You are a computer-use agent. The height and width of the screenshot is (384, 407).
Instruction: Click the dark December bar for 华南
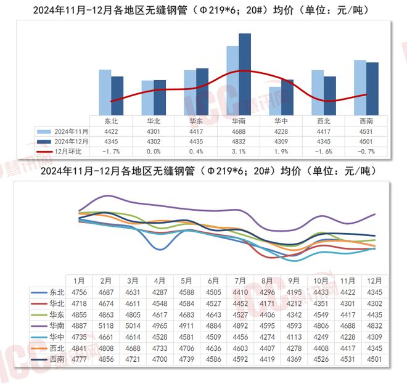click(245, 74)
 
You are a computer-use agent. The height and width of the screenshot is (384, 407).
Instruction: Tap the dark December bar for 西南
click(372, 88)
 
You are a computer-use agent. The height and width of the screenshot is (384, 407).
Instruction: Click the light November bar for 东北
click(105, 92)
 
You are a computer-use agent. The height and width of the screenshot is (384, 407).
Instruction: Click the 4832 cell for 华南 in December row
click(239, 141)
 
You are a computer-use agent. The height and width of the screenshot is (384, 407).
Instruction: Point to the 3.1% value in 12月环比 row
click(239, 151)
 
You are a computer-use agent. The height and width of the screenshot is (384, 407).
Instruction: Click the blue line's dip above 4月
click(160, 249)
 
